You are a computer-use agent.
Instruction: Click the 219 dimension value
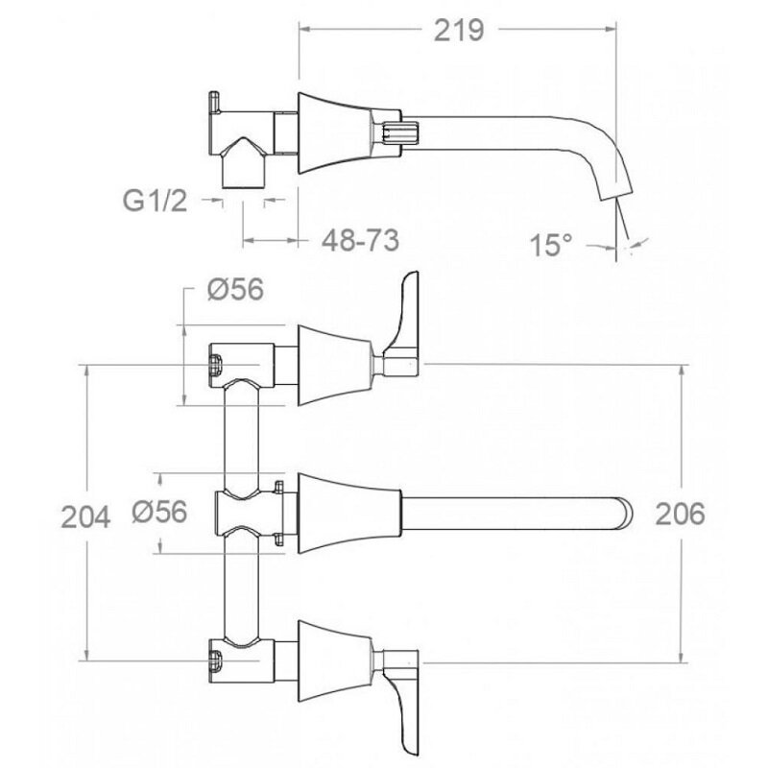(459, 31)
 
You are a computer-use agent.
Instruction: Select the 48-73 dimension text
(361, 241)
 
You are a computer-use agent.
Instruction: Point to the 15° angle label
(550, 245)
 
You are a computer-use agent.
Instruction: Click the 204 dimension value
(85, 516)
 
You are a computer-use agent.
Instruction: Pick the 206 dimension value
(681, 514)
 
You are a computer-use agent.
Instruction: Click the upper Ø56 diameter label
(235, 289)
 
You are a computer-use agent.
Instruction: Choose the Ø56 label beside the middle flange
(159, 512)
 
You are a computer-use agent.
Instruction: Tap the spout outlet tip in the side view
(616, 195)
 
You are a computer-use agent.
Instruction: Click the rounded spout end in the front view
(625, 514)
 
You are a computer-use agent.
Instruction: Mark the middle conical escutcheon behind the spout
(349, 514)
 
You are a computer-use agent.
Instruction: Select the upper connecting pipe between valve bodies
(241, 436)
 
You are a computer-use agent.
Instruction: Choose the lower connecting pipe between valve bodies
(241, 586)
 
